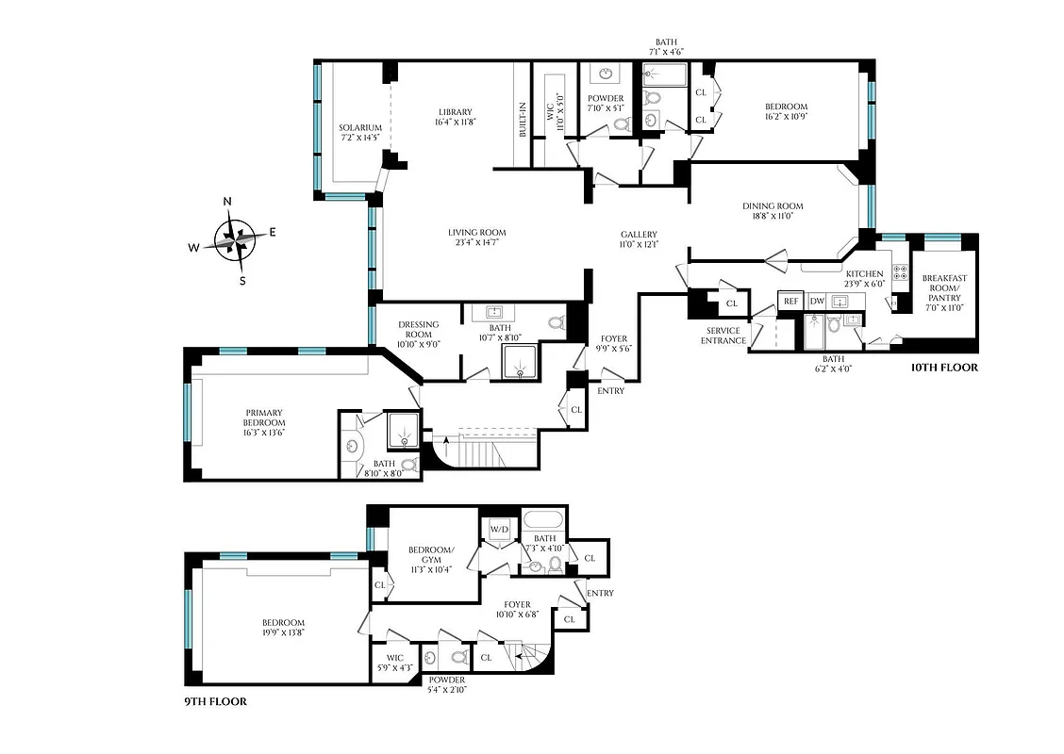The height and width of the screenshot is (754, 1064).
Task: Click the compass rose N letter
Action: tap(227, 201)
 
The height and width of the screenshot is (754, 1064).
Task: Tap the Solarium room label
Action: tap(360, 128)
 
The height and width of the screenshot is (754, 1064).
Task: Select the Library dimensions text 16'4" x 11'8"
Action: tap(455, 122)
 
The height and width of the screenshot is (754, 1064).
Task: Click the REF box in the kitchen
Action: tap(790, 302)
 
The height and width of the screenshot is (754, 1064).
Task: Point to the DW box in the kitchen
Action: tap(817, 302)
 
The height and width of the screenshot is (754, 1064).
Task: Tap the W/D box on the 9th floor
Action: tap(496, 530)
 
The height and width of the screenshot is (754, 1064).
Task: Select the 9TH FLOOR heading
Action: tap(215, 702)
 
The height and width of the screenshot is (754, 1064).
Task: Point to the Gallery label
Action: tap(639, 235)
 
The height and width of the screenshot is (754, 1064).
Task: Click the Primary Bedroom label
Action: tap(264, 418)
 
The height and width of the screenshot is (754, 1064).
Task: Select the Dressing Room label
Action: tap(418, 330)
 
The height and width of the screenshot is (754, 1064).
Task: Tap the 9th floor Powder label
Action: tap(447, 680)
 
